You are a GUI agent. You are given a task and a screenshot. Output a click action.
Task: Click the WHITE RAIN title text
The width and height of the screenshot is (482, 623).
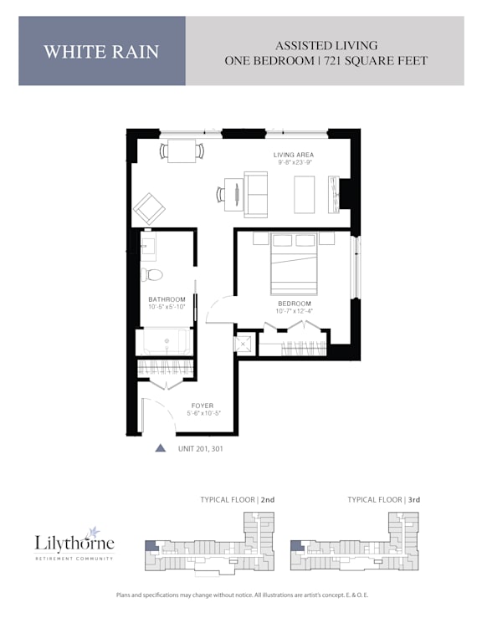click(101, 52)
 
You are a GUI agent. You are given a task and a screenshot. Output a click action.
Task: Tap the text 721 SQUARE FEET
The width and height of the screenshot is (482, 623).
click(376, 61)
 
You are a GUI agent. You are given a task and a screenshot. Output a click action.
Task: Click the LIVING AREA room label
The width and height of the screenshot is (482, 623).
click(294, 155)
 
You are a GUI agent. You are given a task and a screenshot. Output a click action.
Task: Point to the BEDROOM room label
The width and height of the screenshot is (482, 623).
click(295, 304)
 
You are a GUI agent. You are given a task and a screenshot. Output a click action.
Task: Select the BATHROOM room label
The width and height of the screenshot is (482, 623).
click(167, 299)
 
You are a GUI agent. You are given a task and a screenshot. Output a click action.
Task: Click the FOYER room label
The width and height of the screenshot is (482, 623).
click(203, 406)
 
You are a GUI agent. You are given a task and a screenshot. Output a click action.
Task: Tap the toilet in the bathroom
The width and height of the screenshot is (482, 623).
click(152, 274)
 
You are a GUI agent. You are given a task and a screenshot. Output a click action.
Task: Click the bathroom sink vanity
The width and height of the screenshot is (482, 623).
click(148, 247)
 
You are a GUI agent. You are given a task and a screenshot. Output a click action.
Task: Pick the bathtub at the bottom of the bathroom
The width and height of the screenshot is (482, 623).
click(167, 341)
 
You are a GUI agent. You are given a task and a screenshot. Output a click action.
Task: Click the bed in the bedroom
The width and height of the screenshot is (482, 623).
click(294, 263)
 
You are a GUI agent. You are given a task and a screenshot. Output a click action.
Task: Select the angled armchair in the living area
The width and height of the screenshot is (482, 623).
click(149, 208)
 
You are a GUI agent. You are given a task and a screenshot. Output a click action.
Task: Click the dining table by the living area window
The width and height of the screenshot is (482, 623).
click(182, 151)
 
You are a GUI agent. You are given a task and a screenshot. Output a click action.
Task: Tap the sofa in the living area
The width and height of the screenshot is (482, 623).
click(255, 194)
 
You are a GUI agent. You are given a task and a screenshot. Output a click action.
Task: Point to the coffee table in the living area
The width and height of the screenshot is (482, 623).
click(305, 195)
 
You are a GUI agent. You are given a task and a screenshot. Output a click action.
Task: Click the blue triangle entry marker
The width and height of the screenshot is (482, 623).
click(161, 448)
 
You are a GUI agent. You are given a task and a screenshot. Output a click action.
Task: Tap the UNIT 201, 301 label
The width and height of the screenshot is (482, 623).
click(201, 448)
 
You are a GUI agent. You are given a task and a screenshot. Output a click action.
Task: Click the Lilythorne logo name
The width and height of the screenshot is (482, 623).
click(74, 543)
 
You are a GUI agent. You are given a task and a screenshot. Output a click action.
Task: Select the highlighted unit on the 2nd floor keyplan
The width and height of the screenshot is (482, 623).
click(151, 546)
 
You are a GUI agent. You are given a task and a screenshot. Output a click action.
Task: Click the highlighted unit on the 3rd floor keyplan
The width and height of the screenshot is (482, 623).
click(297, 546)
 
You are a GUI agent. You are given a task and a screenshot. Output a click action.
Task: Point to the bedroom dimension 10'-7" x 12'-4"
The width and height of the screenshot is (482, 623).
click(295, 311)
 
